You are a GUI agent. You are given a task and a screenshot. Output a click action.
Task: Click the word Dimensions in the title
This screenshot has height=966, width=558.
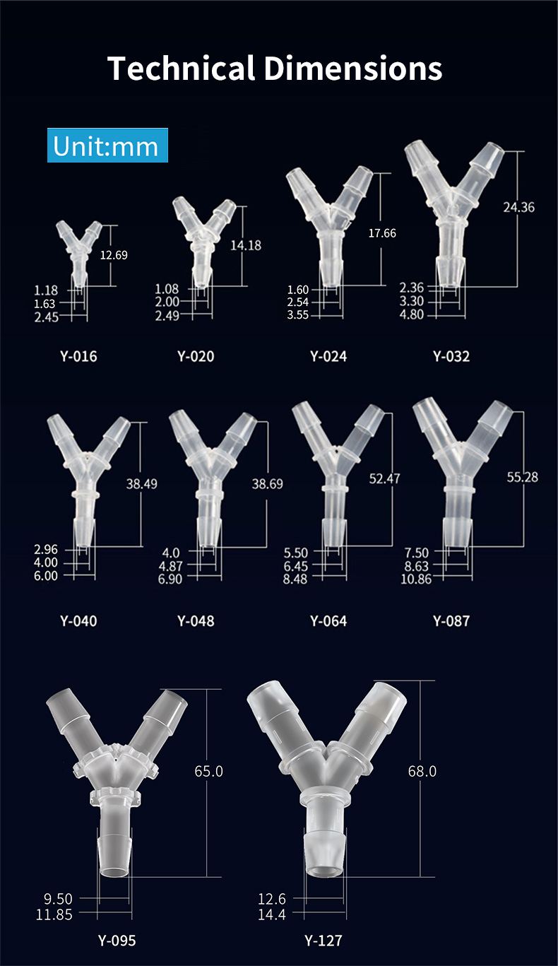point(353,69)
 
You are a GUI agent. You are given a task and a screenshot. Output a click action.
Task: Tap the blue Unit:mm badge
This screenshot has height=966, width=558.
point(107,146)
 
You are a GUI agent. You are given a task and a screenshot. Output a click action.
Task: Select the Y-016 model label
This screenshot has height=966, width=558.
point(78,356)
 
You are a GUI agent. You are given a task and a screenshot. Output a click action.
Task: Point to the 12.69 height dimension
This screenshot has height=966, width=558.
point(114,255)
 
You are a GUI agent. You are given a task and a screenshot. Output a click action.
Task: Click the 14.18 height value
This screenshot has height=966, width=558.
point(246,245)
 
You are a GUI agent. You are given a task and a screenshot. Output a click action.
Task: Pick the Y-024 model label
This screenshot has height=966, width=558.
point(328,356)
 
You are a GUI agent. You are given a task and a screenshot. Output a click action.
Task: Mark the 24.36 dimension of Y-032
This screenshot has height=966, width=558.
point(518,207)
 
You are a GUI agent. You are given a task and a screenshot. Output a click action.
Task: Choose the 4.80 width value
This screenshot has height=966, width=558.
point(412,314)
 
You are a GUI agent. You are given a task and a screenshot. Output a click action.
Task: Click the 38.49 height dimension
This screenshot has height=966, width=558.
point(141,484)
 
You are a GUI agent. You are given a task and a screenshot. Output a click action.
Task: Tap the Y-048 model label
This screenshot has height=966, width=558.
point(196,621)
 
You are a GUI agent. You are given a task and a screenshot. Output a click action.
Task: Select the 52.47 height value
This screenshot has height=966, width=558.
point(384,478)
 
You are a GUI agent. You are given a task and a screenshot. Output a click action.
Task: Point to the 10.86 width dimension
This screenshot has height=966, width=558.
point(416,579)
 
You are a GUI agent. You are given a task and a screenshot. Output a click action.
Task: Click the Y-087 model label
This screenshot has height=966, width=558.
point(451,621)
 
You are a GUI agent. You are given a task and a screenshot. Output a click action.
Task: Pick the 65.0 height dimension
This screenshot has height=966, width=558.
point(208,771)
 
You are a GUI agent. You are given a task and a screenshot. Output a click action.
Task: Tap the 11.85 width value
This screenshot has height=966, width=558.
point(54,914)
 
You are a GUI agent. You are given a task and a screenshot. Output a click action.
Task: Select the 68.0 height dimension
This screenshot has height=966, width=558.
point(422,771)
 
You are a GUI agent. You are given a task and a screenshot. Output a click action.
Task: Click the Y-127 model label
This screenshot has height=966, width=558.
point(323,940)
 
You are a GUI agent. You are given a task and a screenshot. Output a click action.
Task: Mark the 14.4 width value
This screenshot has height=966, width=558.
point(272,914)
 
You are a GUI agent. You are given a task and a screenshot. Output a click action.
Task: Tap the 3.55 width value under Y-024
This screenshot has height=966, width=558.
point(298,314)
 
